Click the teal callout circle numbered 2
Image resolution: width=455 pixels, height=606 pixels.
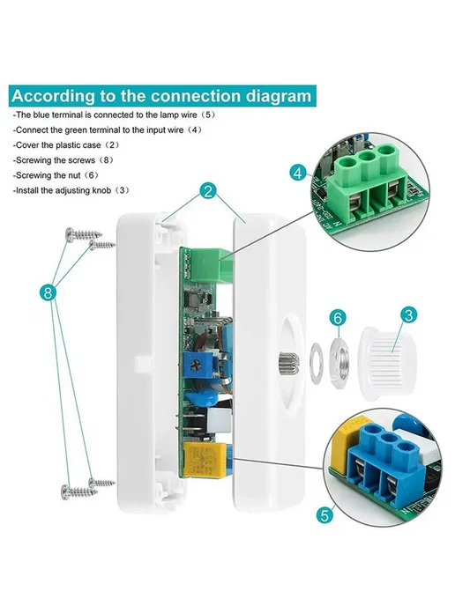(208, 191)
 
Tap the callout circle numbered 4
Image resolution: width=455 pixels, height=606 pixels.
(298, 173)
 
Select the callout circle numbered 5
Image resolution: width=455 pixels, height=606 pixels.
(324, 514)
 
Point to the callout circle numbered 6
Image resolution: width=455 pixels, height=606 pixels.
(338, 318)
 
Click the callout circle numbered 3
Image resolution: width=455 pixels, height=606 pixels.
(408, 315)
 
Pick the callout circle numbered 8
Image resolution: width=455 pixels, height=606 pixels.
(48, 292)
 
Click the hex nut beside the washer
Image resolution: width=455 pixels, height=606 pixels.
(339, 359)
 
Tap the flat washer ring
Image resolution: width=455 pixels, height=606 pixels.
(317, 363)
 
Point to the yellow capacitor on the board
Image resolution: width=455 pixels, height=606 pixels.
(204, 461)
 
